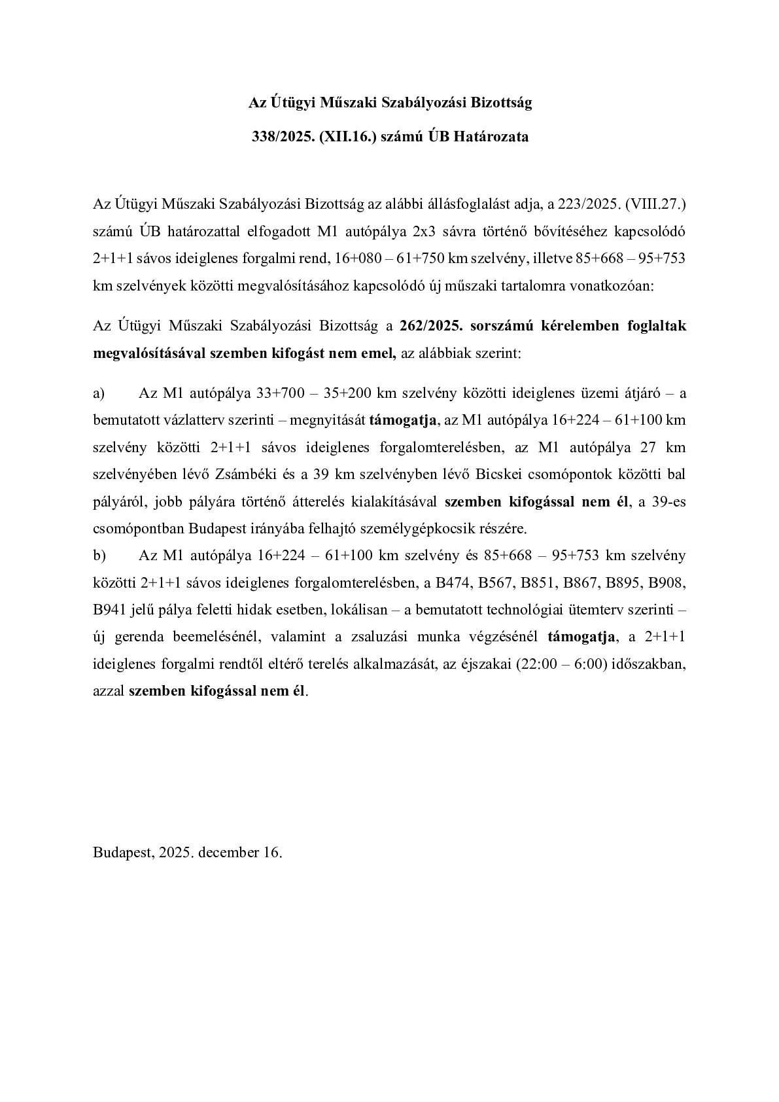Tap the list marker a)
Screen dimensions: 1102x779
(x=99, y=393)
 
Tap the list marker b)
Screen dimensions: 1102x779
(x=99, y=556)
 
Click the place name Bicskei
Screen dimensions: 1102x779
(x=508, y=474)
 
